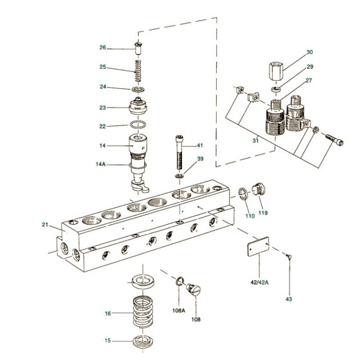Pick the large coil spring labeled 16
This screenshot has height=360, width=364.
(143, 312)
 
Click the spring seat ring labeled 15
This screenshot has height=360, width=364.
(142, 342)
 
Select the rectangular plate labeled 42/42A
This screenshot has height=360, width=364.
(259, 249)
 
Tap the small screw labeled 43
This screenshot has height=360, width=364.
(289, 257)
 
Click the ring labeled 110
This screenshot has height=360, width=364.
(243, 194)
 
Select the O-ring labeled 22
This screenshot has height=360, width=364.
(138, 126)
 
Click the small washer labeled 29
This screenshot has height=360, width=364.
(276, 89)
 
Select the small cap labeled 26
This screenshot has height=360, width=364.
(138, 47)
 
